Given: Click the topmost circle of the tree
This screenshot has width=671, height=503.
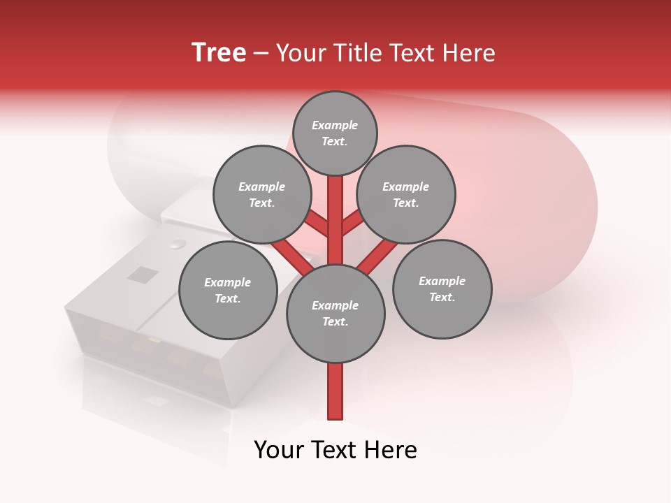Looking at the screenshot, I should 335,133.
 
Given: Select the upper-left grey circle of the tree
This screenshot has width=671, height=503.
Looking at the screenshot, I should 261,194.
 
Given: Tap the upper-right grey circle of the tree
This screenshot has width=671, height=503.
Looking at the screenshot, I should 405,194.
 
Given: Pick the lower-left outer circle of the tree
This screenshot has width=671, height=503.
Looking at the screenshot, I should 228,290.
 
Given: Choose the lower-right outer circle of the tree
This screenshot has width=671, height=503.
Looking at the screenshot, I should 442,289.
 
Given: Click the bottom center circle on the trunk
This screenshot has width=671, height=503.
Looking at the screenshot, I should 335,313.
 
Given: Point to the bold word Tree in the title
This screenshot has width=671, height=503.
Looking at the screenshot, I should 219,53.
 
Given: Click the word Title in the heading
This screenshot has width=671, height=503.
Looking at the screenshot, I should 354,53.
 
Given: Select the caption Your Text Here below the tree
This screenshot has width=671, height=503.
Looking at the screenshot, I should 335,450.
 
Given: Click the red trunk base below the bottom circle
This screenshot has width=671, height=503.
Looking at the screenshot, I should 335,391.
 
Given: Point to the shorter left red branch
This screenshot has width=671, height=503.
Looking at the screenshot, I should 317,224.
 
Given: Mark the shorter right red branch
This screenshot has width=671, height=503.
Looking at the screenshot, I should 353,223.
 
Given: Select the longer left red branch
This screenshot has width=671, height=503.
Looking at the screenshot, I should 292,256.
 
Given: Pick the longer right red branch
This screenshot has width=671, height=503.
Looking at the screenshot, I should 378,256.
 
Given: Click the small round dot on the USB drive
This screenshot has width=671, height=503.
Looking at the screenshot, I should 178,245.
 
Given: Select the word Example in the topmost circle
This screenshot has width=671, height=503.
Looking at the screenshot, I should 335,125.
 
